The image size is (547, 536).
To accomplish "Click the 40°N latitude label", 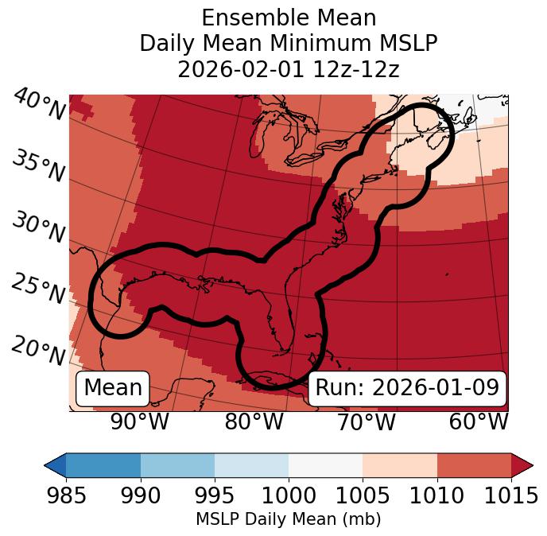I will [38, 106].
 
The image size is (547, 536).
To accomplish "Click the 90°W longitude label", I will [139, 421].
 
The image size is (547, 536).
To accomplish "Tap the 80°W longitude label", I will [254, 421].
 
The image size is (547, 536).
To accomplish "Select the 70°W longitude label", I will [366, 421].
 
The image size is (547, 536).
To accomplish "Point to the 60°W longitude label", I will [479, 421].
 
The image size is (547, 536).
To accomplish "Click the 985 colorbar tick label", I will [67, 496].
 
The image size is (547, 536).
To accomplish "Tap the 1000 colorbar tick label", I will [289, 496].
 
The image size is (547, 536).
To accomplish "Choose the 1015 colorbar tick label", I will [510, 496].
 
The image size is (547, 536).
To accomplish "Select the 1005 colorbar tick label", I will [363, 496].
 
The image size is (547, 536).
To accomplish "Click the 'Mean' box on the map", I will [113, 388].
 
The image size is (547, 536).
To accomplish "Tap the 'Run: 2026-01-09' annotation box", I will [407, 388].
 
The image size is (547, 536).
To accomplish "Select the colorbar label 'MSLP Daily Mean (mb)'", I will [289, 520].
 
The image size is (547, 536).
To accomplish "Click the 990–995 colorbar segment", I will [177, 464].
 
